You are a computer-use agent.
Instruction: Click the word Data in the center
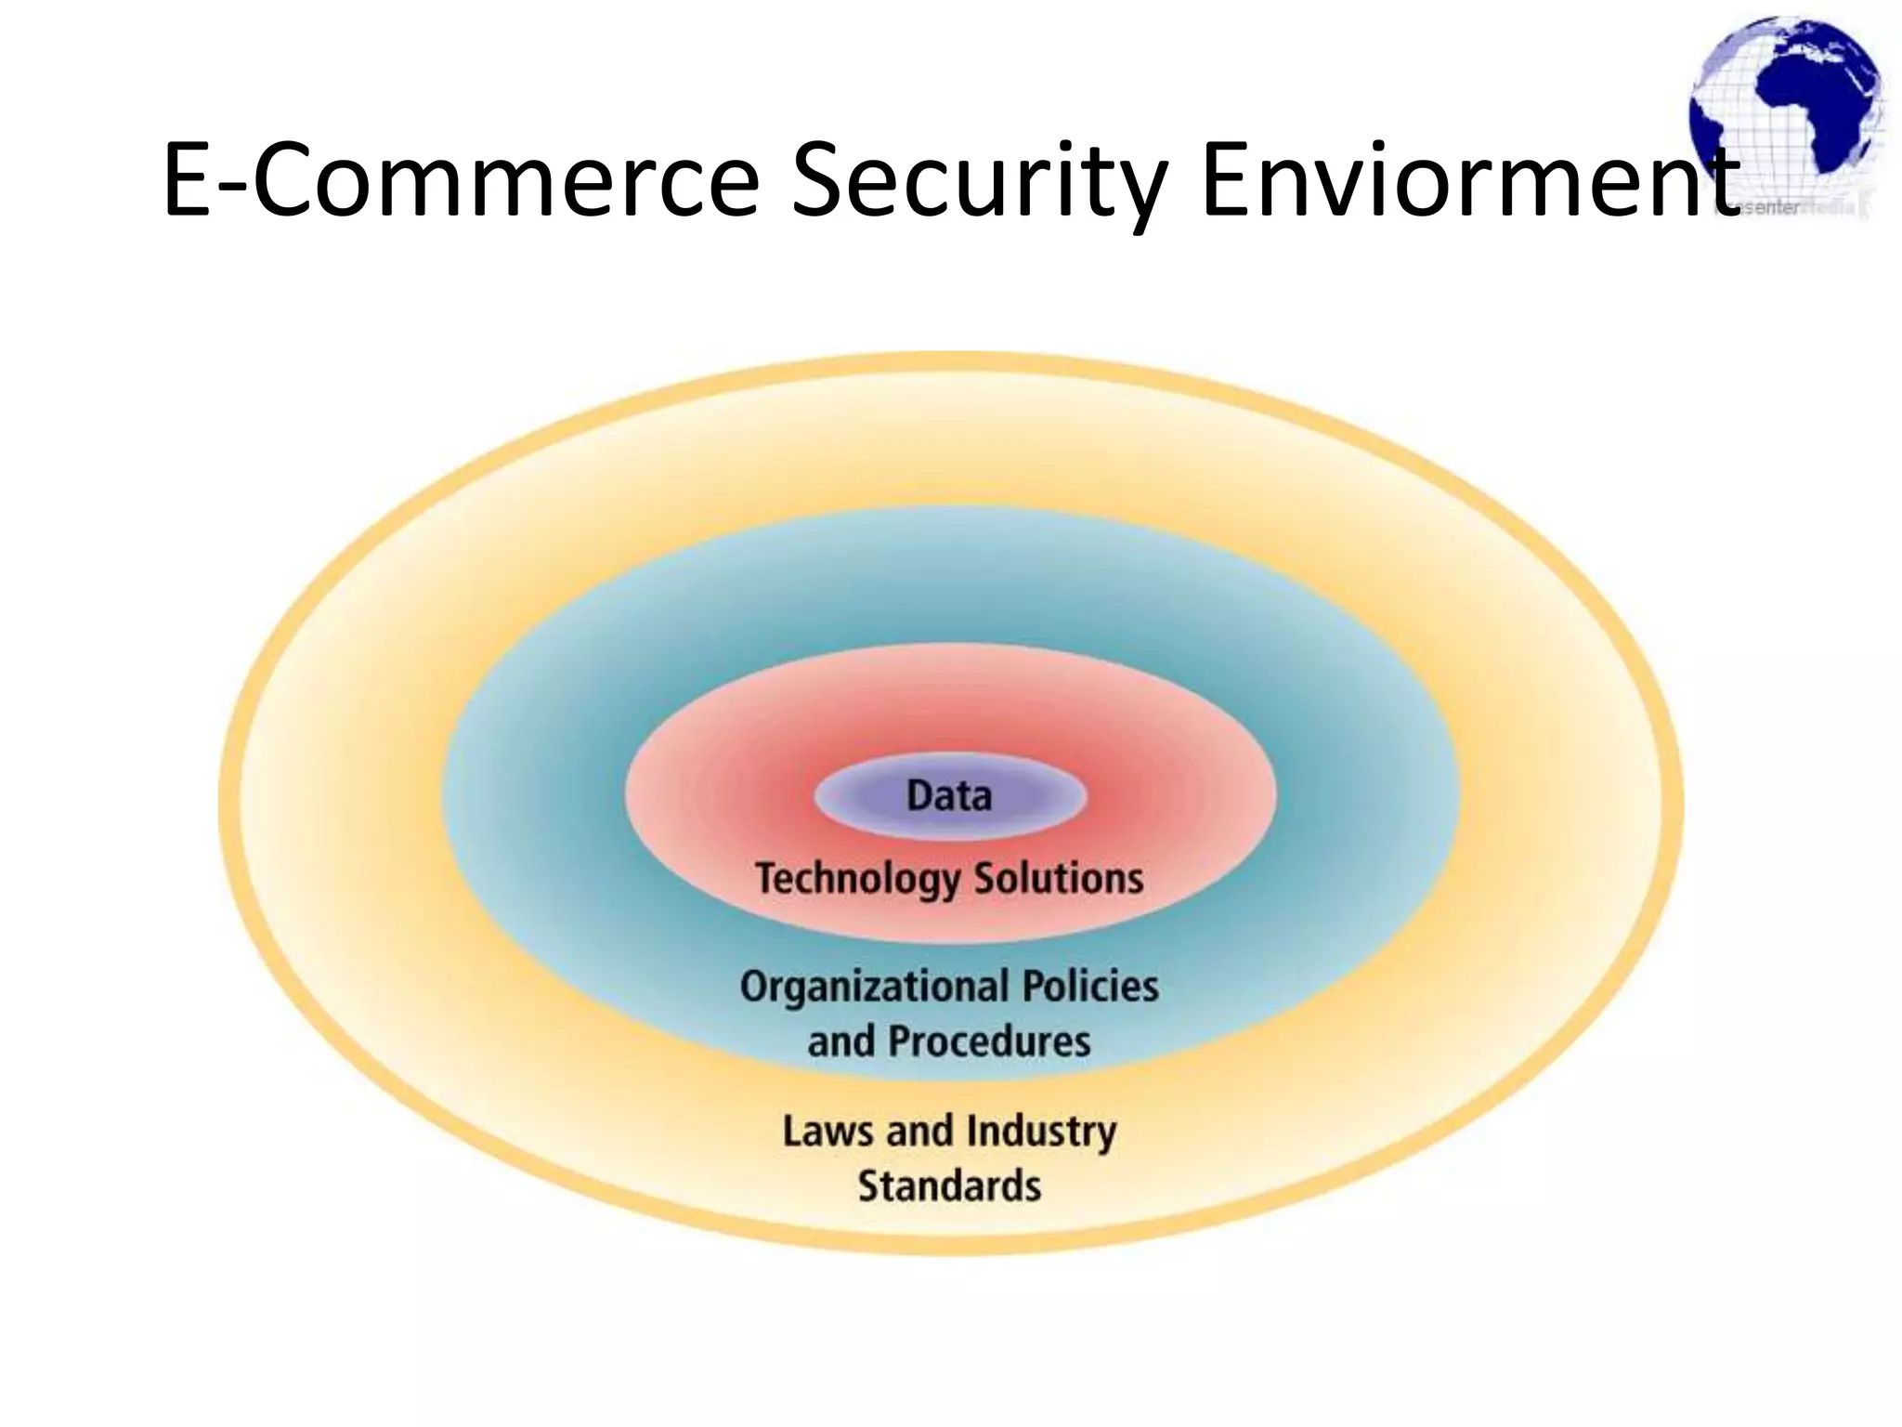949,796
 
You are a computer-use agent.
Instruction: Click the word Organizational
874,987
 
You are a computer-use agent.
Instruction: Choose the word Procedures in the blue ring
989,1041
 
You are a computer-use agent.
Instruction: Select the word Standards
949,1186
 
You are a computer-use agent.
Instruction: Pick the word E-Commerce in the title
461,179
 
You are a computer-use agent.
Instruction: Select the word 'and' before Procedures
840,1041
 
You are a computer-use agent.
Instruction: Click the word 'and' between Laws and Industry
919,1132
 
